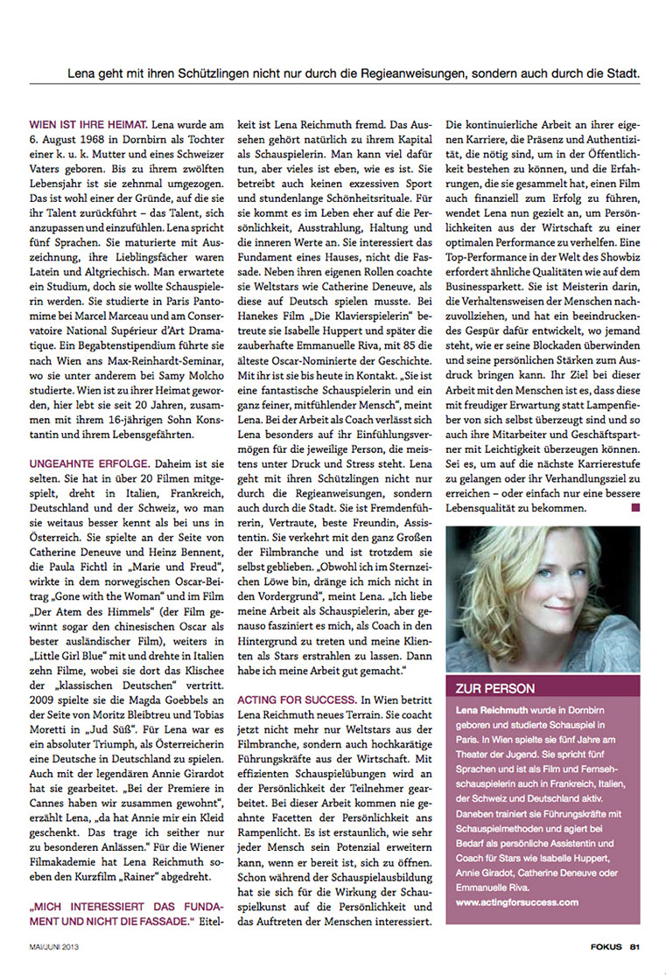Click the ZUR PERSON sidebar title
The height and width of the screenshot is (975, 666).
click(x=496, y=688)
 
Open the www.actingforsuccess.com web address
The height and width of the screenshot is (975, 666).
click(x=517, y=901)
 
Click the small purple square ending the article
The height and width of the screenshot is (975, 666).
click(x=635, y=506)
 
